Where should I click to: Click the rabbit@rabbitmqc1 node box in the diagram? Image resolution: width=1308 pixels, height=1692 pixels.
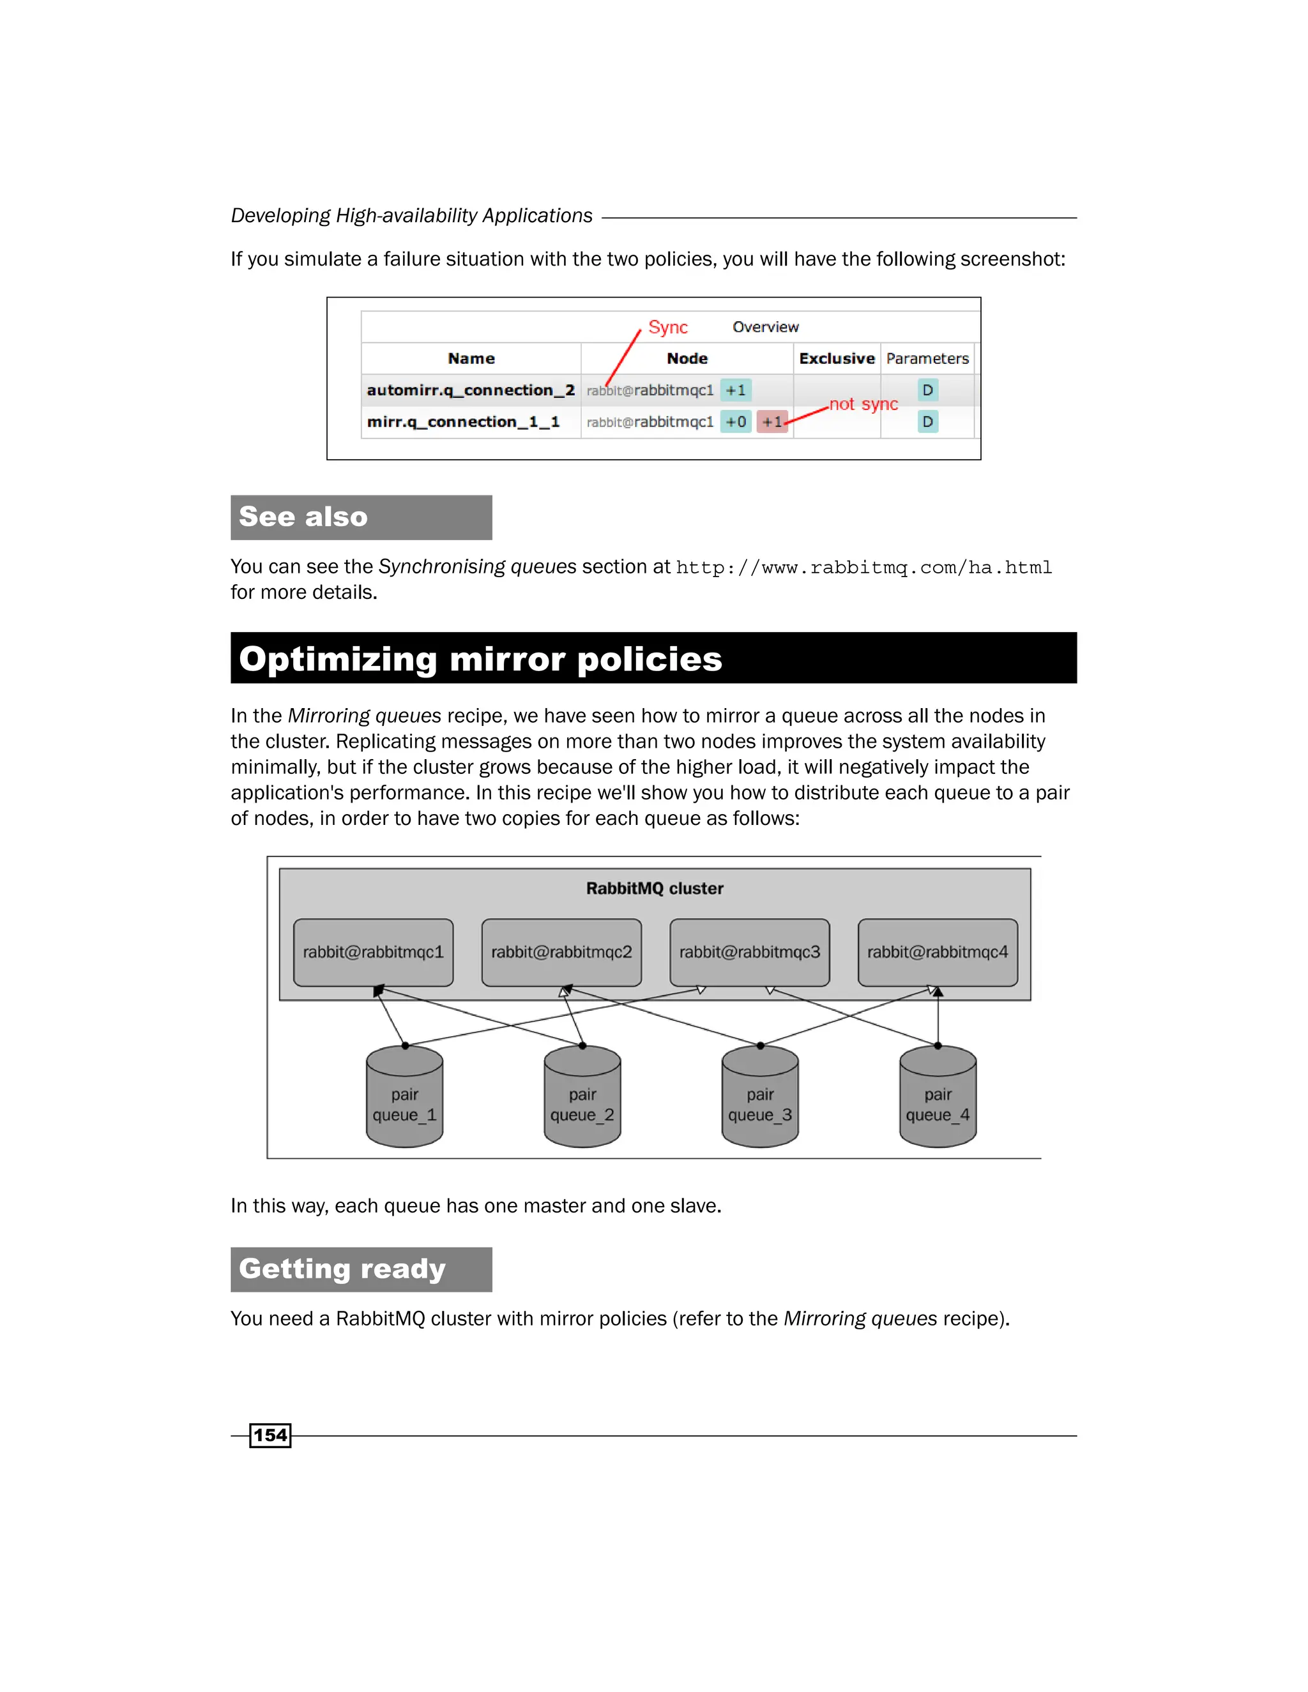click(x=373, y=952)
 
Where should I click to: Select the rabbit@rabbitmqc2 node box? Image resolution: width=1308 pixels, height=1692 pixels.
click(x=561, y=952)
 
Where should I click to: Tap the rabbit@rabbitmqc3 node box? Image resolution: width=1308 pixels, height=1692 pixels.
click(x=749, y=952)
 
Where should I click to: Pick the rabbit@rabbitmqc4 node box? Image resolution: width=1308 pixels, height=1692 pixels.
click(x=938, y=952)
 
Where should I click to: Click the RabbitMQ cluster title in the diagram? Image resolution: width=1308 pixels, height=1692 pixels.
click(x=655, y=889)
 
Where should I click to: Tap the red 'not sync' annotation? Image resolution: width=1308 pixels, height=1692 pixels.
click(x=863, y=404)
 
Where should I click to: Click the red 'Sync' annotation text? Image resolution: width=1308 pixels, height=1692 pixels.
click(x=667, y=328)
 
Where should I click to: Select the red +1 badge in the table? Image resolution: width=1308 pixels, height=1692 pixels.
click(x=772, y=422)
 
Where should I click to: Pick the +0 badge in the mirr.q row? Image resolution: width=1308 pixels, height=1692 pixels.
click(x=735, y=422)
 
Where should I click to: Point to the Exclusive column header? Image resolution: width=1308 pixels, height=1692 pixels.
click(x=836, y=359)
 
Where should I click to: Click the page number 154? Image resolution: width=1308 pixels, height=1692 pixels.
click(x=270, y=1435)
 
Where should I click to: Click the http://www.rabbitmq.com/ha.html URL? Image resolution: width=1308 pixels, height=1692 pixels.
click(x=863, y=568)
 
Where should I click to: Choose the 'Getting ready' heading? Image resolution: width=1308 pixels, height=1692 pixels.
click(x=342, y=1269)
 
